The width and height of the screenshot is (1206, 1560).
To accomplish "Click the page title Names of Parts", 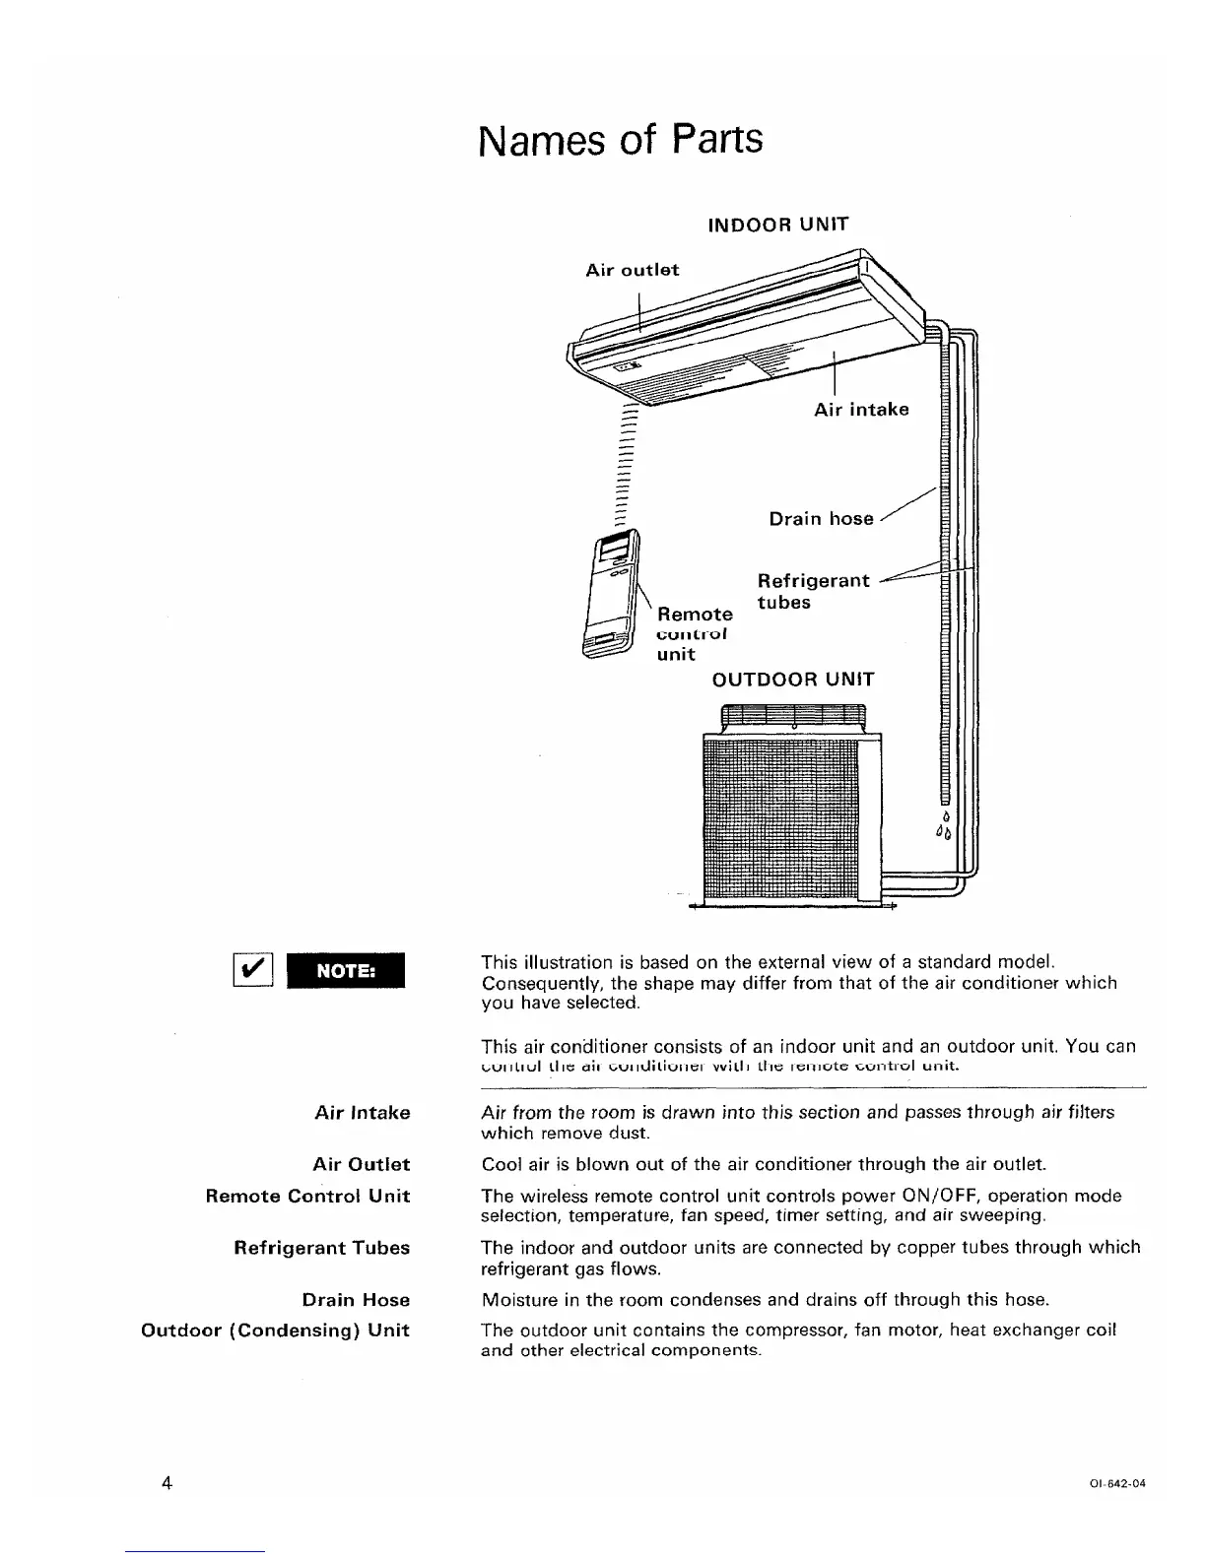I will click(x=620, y=139).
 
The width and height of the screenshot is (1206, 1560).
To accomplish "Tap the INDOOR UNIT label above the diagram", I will click(x=777, y=224).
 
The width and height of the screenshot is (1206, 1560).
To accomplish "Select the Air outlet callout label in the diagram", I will click(x=632, y=270).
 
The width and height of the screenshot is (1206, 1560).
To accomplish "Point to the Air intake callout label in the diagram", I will click(x=861, y=410).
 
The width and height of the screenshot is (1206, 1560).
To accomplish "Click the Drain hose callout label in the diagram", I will click(x=821, y=519).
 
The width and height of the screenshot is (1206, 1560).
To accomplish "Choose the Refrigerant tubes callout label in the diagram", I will click(x=813, y=591).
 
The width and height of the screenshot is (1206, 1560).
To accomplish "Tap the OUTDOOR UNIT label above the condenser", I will click(x=792, y=680).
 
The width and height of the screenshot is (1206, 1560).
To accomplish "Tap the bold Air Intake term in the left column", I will click(x=362, y=1113).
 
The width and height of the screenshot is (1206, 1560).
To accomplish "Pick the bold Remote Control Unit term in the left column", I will click(x=307, y=1196).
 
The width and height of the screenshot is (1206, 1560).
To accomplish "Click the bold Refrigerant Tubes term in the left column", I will click(x=321, y=1248).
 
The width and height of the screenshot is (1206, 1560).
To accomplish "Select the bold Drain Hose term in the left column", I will click(x=356, y=1300).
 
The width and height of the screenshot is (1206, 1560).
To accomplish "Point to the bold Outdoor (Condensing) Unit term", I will click(x=276, y=1331).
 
